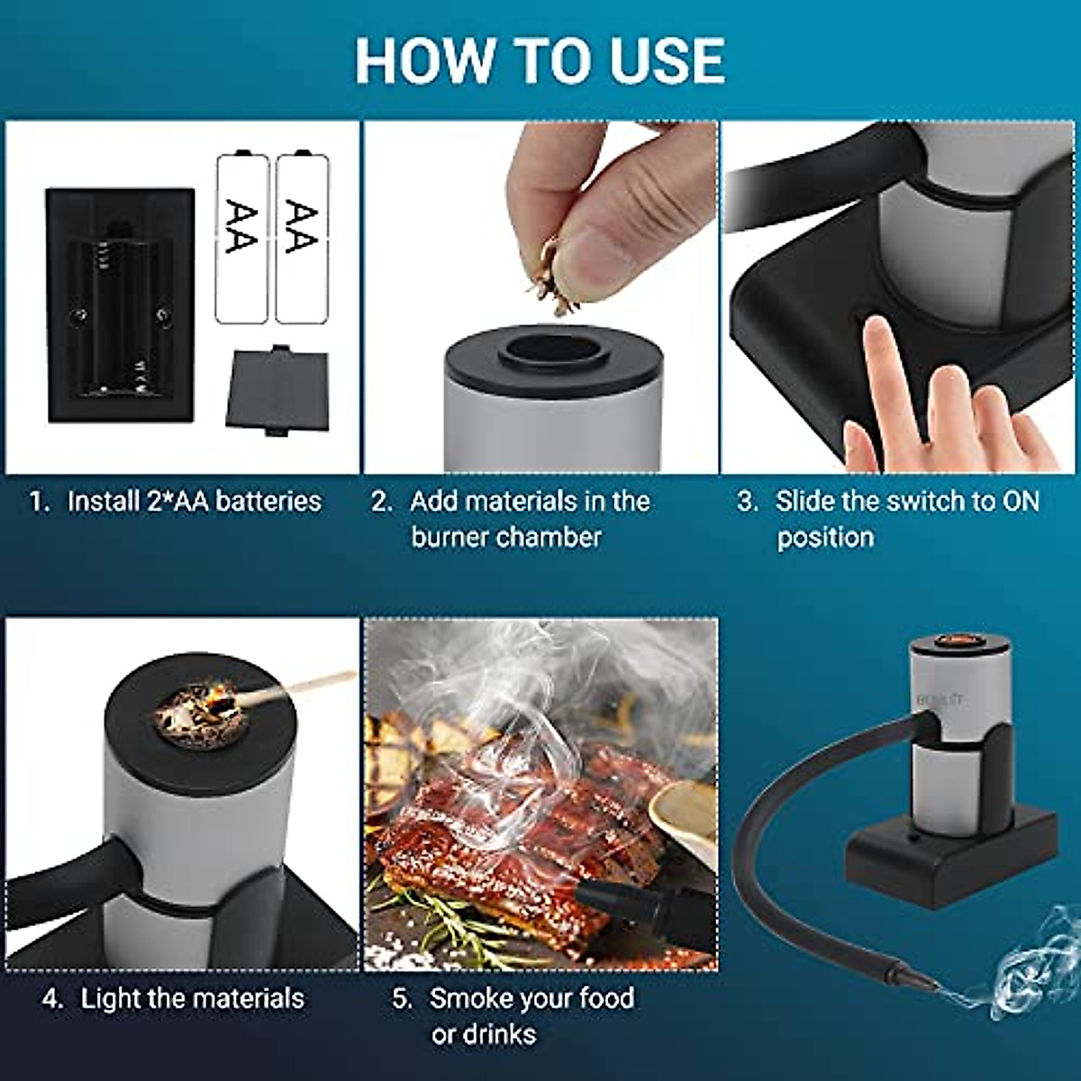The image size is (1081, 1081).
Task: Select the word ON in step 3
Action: coord(1020,501)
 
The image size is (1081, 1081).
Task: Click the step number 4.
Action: coord(51,999)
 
